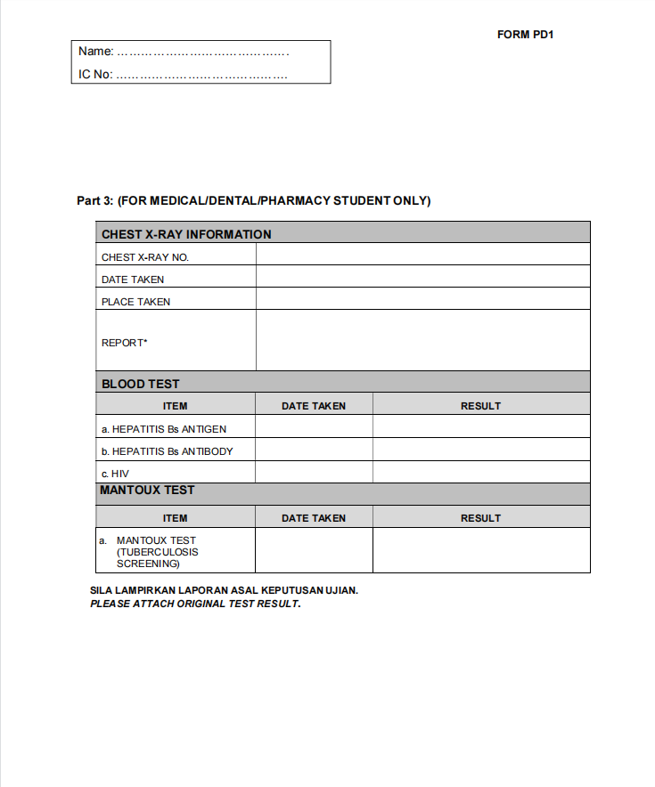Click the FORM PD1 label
[526, 35]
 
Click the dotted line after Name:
[203, 53]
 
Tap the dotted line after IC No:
[201, 75]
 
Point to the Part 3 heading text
[254, 201]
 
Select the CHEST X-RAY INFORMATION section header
[186, 234]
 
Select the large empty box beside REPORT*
[422, 340]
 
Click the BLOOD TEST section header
[141, 384]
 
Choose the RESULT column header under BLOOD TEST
[480, 406]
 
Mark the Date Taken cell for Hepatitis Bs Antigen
[314, 427]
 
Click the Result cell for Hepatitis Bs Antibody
[480, 450]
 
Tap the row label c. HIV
[115, 474]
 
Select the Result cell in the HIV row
[480, 473]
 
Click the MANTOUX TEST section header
[147, 491]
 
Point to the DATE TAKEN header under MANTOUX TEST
[314, 518]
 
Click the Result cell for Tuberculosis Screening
[480, 551]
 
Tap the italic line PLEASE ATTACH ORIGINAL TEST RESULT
[195, 604]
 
